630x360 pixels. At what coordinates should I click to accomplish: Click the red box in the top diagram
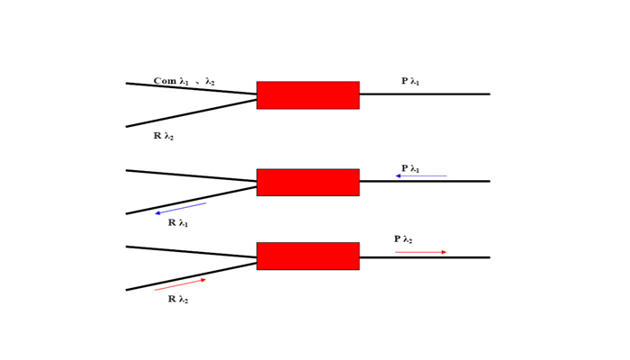[308, 95]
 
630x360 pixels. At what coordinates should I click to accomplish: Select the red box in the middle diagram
[308, 182]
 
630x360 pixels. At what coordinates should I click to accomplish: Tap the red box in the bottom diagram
[308, 256]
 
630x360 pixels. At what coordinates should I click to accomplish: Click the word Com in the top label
[165, 81]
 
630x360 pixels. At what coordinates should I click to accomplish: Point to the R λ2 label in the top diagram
[163, 137]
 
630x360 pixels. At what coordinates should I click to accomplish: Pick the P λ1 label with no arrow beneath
[410, 82]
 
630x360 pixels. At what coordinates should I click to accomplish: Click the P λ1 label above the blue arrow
[410, 168]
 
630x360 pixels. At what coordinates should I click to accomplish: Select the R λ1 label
[177, 223]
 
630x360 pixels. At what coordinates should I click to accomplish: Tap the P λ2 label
[402, 239]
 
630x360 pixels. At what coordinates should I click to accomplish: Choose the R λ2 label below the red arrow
[177, 300]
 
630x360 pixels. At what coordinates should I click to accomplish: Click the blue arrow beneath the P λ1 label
[421, 176]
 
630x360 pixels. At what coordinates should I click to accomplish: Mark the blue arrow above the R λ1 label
[181, 208]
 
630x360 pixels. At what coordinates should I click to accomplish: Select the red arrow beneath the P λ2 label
[420, 252]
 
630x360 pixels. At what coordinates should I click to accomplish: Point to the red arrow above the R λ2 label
[180, 284]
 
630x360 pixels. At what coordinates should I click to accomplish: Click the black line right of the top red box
[425, 94]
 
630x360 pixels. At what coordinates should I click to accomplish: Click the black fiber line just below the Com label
[191, 89]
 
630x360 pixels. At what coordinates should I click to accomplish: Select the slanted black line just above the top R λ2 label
[191, 112]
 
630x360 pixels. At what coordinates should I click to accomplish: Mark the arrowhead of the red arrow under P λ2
[444, 252]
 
